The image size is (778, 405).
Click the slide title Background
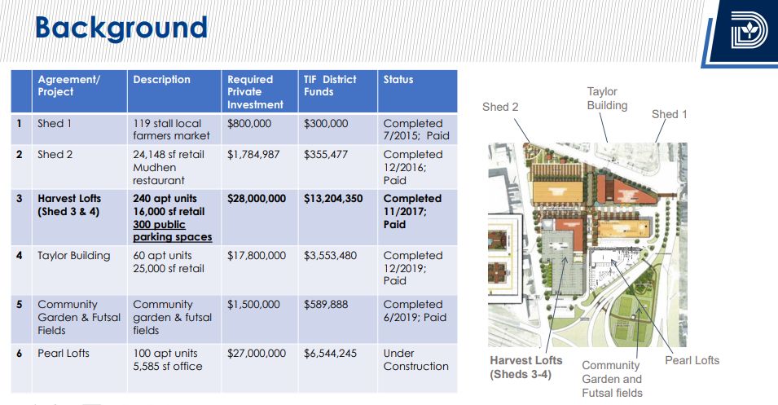121,29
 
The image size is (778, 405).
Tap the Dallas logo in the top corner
749,30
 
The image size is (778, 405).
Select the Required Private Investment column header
255,92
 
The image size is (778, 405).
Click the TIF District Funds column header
330,86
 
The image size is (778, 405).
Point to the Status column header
398,79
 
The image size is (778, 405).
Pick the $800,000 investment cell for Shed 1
249,124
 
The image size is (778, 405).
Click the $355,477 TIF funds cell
326,155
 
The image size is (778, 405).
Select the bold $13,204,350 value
333,199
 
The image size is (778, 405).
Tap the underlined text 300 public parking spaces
172,231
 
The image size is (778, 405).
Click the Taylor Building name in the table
74,256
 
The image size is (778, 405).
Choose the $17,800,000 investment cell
257,256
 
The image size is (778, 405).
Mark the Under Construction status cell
415,360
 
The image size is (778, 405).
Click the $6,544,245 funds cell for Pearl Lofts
330,354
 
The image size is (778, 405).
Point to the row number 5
20,304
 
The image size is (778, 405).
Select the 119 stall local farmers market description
171,130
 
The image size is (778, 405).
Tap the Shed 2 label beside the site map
500,107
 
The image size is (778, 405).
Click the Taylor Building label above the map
607,99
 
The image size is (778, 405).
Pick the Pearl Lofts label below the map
692,360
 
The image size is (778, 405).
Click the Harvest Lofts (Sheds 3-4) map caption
526,368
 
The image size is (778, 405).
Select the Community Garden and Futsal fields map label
612,379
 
